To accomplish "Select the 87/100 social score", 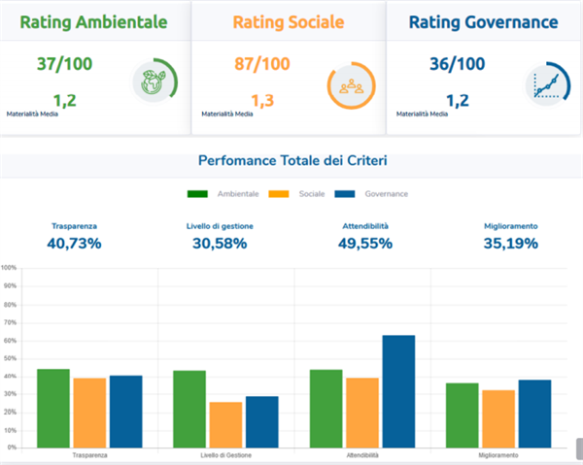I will click(x=262, y=65).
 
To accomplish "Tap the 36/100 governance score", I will click(x=457, y=65).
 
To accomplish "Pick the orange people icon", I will click(x=350, y=85).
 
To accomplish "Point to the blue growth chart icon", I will click(x=546, y=85).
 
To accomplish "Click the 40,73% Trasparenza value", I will click(x=74, y=243).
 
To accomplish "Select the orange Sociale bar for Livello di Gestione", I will click(x=225, y=424).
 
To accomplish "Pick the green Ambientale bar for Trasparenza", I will click(x=53, y=408).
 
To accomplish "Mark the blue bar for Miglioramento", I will click(x=534, y=413).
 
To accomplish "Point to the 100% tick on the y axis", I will click(x=9, y=268).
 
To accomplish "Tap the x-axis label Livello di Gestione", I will click(x=225, y=455).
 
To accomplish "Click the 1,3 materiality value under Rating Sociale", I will click(x=262, y=99).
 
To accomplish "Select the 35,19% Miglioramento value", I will click(x=511, y=243).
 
